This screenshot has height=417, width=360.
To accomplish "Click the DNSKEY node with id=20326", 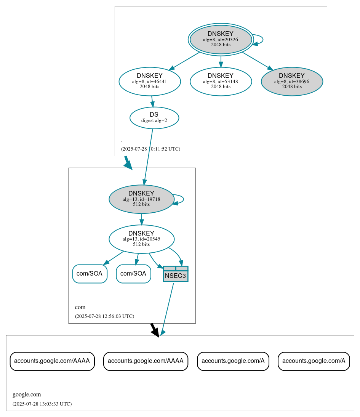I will [x=221, y=39].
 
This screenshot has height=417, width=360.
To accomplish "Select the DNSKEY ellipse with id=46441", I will [x=150, y=81].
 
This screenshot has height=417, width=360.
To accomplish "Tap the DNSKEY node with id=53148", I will [x=221, y=81].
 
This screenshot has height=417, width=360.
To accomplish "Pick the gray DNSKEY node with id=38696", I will [x=292, y=81].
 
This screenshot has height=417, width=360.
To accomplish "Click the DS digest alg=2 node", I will [x=154, y=117].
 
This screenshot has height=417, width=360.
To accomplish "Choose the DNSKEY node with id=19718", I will [x=141, y=199].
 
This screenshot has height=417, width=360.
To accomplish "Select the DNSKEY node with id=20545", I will [x=141, y=239].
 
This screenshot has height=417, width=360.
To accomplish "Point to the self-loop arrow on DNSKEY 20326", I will [x=262, y=39].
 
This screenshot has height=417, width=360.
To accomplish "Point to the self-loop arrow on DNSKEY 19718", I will [x=183, y=199].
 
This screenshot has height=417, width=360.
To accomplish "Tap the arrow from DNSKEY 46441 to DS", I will [x=152, y=101].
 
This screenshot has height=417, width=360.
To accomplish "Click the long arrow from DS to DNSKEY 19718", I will [x=148, y=156].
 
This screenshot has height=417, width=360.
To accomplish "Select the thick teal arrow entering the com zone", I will [x=128, y=163].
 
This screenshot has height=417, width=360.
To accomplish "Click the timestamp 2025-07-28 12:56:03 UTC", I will [x=104, y=316].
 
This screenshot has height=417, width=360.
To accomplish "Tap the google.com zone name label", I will [x=27, y=395].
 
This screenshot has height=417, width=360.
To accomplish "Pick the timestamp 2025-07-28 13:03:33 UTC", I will [x=42, y=404].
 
